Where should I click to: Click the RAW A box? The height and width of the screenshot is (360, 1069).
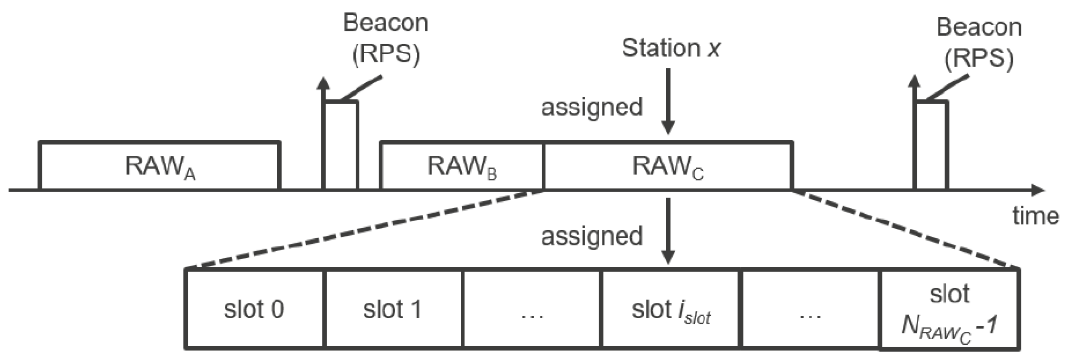click(x=159, y=166)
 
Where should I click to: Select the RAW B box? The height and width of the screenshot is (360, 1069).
click(x=462, y=166)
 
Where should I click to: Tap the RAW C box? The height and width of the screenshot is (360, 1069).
click(x=668, y=166)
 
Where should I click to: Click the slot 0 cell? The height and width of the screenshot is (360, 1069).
click(x=254, y=309)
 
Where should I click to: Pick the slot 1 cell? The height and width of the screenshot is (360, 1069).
click(x=393, y=309)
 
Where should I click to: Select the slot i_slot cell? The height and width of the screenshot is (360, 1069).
click(x=671, y=309)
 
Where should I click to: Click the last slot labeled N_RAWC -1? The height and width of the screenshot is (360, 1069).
click(x=949, y=309)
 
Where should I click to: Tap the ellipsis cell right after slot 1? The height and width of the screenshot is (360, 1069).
click(x=532, y=309)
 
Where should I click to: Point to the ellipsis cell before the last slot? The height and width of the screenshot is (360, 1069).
click(x=810, y=309)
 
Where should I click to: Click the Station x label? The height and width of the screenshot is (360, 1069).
click(x=671, y=48)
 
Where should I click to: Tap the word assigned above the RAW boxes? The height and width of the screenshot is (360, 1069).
click(x=592, y=107)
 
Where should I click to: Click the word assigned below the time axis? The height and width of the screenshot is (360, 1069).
click(x=592, y=236)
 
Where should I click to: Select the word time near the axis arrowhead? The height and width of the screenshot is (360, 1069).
click(x=1035, y=216)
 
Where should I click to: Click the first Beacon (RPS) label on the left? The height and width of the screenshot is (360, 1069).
click(x=386, y=39)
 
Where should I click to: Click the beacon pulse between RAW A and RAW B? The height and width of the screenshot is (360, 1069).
click(x=340, y=145)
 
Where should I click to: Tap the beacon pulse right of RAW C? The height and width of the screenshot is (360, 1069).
click(x=931, y=145)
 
